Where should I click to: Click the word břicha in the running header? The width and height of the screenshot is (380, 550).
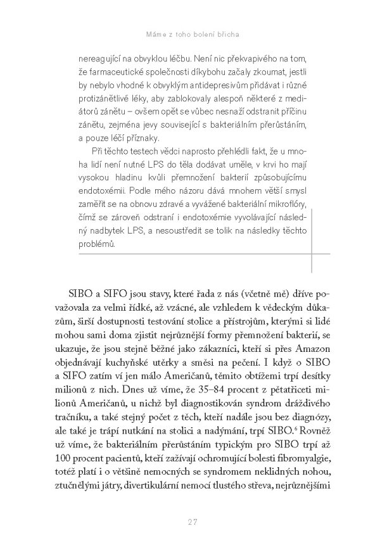click(232, 32)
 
